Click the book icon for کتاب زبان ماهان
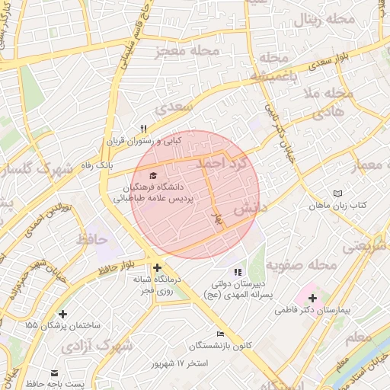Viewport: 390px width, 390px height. [x=338, y=194]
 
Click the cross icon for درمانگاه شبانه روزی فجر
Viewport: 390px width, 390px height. [x=157, y=267]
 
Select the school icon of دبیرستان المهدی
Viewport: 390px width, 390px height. [x=238, y=271]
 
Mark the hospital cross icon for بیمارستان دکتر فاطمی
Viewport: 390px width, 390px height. [x=312, y=296]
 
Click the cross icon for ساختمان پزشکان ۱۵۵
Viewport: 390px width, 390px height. [x=62, y=314]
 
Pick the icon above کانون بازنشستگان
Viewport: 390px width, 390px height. [x=220, y=334]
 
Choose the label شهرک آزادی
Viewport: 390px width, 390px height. [x=93, y=346]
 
